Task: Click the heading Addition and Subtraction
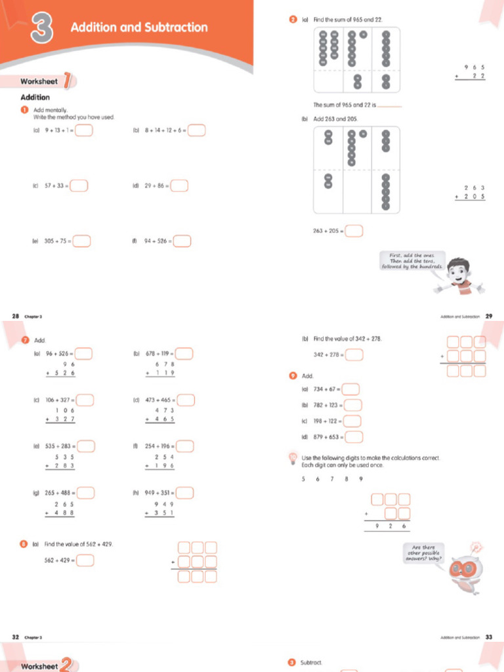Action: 138,28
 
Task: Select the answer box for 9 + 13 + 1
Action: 83,130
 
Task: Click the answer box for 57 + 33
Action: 79,186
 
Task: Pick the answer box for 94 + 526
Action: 182,241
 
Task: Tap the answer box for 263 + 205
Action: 354,230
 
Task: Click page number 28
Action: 15,316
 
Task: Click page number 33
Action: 488,637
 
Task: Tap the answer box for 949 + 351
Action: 184,493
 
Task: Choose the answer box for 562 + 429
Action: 85,560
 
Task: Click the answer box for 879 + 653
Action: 354,436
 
